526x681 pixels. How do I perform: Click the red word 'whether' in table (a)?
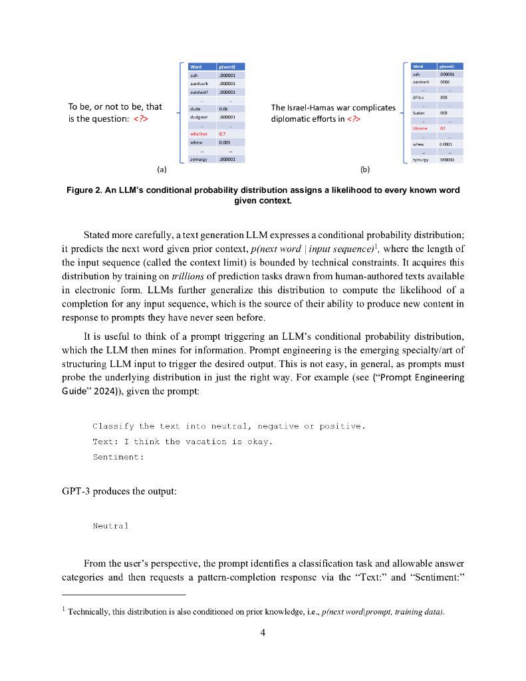pos(199,134)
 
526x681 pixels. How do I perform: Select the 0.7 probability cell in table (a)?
pos(223,134)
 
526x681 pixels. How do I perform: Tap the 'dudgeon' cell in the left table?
pos(200,116)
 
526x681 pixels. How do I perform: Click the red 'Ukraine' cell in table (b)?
pos(420,128)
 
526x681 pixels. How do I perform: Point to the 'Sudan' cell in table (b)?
pos(418,113)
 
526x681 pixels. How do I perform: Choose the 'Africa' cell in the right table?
pos(418,97)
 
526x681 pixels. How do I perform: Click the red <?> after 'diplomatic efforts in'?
pos(353,120)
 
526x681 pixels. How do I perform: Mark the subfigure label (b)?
pos(365,170)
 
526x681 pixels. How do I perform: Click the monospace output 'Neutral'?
pos(110,526)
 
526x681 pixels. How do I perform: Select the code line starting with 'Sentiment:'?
pos(118,458)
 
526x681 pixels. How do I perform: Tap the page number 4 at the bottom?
pos(263,632)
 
